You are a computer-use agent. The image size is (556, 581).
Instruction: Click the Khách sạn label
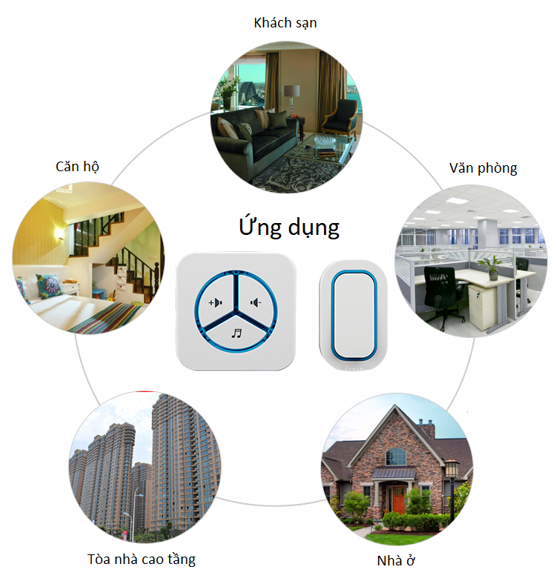(x=285, y=23)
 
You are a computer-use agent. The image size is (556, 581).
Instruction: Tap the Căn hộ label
(x=77, y=166)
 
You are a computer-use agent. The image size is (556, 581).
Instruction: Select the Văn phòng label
(x=483, y=168)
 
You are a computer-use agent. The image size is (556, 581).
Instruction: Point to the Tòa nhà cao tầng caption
(x=141, y=559)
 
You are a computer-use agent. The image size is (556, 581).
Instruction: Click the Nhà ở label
(x=396, y=560)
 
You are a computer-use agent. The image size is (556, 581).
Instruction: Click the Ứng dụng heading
(x=289, y=227)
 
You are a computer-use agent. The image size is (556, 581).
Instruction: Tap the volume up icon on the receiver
(x=215, y=302)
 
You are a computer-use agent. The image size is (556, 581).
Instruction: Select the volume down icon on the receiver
(x=256, y=303)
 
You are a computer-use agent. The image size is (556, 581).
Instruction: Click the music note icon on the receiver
(x=236, y=333)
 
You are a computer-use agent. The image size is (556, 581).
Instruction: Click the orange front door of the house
(x=398, y=499)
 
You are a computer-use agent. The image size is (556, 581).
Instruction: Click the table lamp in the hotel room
(x=291, y=99)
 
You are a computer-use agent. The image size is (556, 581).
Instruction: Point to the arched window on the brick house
(x=396, y=456)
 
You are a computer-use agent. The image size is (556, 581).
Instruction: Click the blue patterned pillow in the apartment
(x=49, y=286)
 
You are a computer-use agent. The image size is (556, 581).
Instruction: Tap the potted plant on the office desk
(x=492, y=268)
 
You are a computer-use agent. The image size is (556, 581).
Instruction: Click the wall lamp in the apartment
(x=59, y=233)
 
